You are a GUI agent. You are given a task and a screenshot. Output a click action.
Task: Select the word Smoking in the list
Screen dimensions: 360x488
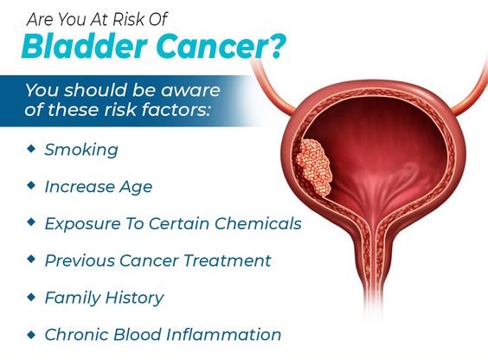coord(81,149)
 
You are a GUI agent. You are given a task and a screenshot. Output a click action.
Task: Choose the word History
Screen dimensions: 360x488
coord(132,298)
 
